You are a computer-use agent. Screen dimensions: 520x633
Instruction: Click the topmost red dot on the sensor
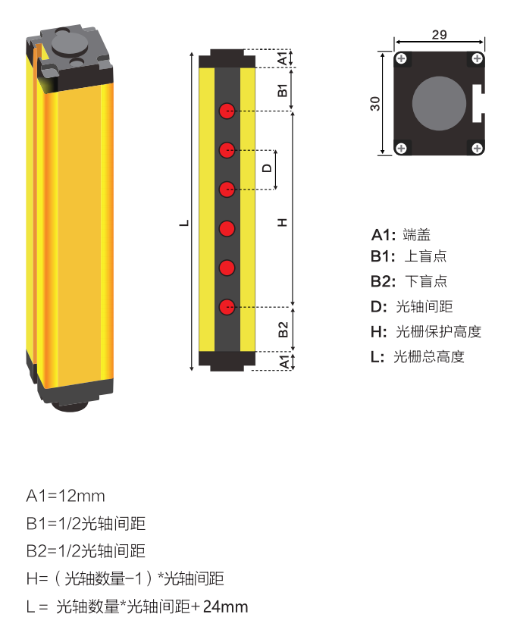click(227, 111)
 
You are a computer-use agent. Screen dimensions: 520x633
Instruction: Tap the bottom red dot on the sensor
click(227, 307)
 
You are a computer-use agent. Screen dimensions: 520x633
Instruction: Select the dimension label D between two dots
click(267, 168)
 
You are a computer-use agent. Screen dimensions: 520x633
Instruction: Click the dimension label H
click(282, 222)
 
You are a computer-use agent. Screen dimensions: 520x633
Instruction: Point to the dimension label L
click(184, 223)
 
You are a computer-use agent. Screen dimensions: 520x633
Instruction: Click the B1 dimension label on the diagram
click(283, 90)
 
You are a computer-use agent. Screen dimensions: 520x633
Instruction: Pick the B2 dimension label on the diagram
click(283, 330)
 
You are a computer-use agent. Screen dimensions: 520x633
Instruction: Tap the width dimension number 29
click(439, 35)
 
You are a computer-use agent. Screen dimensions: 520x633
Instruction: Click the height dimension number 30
click(375, 104)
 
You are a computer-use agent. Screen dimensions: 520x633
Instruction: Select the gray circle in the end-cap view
click(439, 103)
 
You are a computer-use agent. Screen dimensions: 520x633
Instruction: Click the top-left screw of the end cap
click(401, 59)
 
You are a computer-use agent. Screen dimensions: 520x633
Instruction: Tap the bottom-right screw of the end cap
click(478, 148)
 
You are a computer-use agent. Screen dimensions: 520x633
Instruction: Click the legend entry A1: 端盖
click(401, 234)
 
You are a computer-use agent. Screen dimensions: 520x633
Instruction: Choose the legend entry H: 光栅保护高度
click(426, 331)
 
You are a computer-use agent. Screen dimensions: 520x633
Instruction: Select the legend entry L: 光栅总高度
click(418, 356)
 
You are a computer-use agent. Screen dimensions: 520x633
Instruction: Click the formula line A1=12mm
click(65, 496)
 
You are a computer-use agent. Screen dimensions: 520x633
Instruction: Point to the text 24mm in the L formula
click(225, 606)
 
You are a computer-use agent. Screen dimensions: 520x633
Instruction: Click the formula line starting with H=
click(125, 579)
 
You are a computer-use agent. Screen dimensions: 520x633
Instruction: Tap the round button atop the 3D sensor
click(69, 44)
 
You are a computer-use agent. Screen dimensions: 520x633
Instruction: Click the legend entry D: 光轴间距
click(412, 306)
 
